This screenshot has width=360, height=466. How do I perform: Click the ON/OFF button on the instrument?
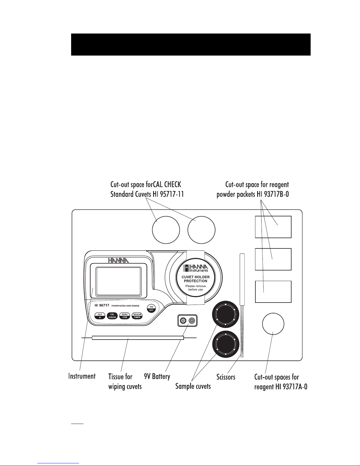(x=151, y=309)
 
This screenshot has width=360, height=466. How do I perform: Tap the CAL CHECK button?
(x=112, y=316)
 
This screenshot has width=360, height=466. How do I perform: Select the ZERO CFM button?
(x=125, y=316)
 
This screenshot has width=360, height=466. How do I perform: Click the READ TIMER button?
(x=137, y=316)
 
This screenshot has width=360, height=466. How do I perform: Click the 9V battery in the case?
(x=187, y=321)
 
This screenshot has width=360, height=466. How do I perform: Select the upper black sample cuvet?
(x=225, y=314)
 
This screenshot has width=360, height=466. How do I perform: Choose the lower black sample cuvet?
(x=225, y=344)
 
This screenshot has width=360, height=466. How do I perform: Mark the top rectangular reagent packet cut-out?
(x=273, y=227)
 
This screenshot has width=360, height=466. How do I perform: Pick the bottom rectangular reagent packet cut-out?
(x=273, y=292)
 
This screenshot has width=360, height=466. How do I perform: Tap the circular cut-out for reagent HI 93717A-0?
(x=273, y=324)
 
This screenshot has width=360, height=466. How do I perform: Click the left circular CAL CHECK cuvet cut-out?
(x=166, y=230)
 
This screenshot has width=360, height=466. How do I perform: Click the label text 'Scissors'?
(x=226, y=377)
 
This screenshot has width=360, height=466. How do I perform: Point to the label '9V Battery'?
(x=157, y=377)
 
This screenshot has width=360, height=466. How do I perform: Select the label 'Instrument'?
(x=82, y=376)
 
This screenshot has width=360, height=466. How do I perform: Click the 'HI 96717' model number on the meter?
(x=102, y=305)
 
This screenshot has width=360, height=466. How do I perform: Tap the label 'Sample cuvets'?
(x=193, y=386)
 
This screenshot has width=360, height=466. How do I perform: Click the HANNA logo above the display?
(x=118, y=260)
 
